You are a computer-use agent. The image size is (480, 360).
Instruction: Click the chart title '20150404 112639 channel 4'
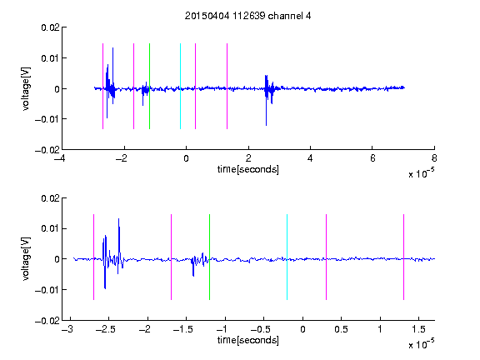pos(247,16)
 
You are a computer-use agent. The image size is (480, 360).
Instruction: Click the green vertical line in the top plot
pos(149,87)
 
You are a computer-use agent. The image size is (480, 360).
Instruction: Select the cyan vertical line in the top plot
pos(180,87)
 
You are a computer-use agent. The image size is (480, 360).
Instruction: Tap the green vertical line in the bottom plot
pos(209,257)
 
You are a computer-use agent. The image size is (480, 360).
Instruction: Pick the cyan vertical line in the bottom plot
pos(287,257)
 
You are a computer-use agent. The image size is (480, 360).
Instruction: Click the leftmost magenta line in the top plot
pos(102,87)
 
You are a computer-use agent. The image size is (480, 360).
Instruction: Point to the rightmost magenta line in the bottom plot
pos(403,257)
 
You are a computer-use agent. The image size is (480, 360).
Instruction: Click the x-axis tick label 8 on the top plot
pos(434,158)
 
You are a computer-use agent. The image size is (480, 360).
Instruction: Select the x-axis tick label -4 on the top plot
pos(60,158)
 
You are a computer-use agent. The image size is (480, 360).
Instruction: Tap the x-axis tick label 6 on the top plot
pos(372,158)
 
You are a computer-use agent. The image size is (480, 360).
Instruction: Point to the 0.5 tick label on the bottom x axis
pos(341,329)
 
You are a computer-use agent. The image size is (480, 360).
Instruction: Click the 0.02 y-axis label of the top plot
pos(50,27)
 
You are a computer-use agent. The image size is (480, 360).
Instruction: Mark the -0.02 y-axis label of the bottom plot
pos(47,321)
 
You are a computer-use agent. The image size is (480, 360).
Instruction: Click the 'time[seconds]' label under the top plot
pos(248,169)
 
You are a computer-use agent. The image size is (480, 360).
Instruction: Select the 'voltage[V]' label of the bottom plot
pos(27,258)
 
